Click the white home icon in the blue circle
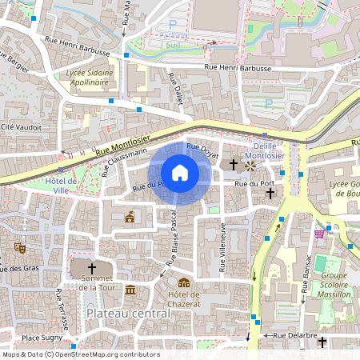tap(180, 173)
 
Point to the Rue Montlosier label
tap(120, 143)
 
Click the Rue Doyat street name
tap(202, 148)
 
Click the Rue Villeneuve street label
tap(223, 243)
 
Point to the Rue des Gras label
tap(20, 268)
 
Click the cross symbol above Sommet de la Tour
tap(91, 268)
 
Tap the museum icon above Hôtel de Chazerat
tap(184, 282)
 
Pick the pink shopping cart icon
tap(319, 234)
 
